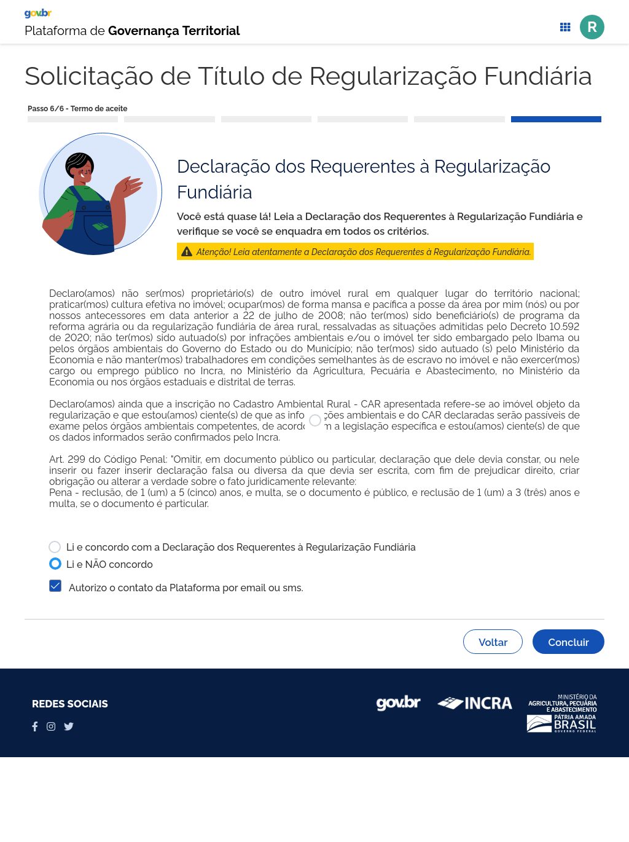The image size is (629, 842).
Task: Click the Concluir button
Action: (568, 642)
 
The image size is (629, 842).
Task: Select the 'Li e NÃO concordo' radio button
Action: (55, 564)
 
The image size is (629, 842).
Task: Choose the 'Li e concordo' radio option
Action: (55, 547)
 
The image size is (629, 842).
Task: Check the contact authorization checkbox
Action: (55, 586)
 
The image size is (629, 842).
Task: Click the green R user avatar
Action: (592, 27)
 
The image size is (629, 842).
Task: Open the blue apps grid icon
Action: (565, 27)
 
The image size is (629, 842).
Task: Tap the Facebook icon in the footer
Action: (35, 726)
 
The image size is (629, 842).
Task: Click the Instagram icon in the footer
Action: (51, 726)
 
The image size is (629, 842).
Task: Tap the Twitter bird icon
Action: (69, 726)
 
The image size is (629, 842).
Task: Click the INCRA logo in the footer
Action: (475, 703)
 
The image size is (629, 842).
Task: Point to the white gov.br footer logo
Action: (398, 702)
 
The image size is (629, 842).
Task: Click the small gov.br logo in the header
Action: (38, 13)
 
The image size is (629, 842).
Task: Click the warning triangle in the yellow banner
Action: (187, 252)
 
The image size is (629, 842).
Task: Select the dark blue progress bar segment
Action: (556, 119)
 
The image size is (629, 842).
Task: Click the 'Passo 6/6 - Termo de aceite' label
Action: (77, 109)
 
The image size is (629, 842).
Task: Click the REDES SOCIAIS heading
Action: (70, 704)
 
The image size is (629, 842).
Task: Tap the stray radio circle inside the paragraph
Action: (315, 420)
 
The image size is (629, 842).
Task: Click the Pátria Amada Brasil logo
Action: (562, 723)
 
